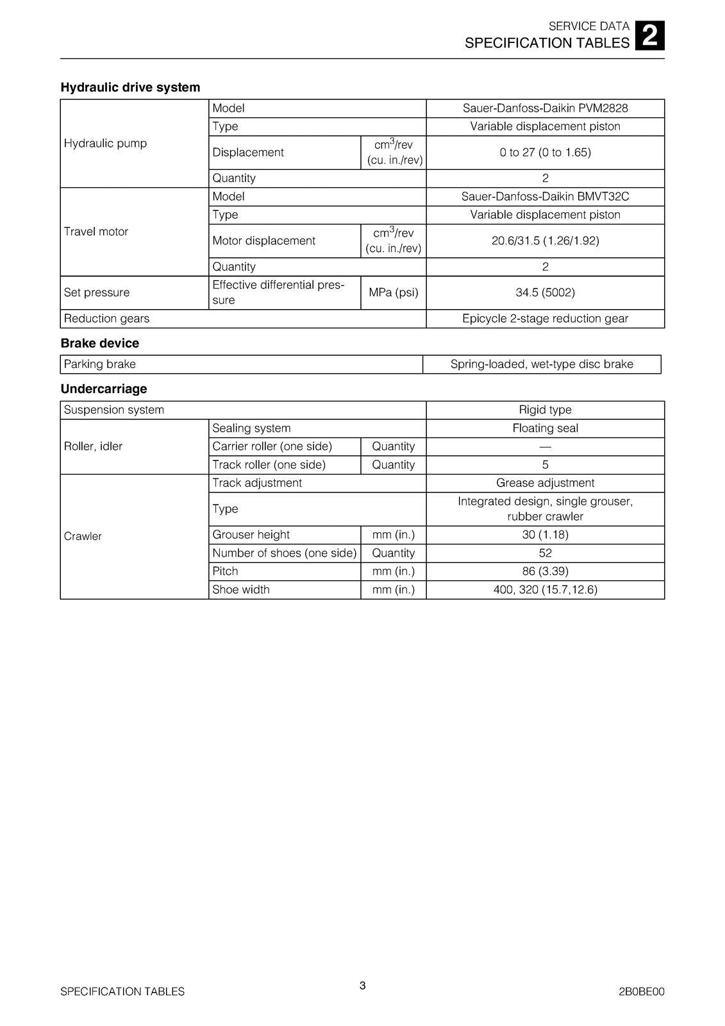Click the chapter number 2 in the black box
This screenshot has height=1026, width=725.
click(649, 36)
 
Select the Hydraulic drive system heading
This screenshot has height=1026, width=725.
click(130, 87)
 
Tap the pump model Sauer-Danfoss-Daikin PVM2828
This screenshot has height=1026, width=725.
click(545, 108)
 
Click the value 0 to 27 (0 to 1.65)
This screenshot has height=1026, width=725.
click(545, 153)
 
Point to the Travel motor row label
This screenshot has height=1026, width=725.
click(96, 231)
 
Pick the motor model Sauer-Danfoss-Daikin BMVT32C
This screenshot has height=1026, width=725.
click(545, 197)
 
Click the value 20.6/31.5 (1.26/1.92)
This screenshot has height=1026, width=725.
click(545, 241)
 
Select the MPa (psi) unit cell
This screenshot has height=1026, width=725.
click(394, 292)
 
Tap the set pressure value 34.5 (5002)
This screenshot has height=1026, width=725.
click(545, 292)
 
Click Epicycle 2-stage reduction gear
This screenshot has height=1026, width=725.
click(545, 319)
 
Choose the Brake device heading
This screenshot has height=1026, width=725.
click(100, 343)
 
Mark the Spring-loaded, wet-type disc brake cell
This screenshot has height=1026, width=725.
click(542, 364)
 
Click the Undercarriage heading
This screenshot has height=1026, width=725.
click(104, 389)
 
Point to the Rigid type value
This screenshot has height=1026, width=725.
click(545, 410)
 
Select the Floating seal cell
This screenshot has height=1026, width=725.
click(545, 428)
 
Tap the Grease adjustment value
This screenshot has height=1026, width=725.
click(545, 483)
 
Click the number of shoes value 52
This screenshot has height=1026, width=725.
click(545, 553)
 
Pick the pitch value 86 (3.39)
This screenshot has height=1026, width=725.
click(545, 571)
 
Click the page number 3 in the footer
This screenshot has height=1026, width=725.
click(362, 986)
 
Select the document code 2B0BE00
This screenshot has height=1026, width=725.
click(641, 991)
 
